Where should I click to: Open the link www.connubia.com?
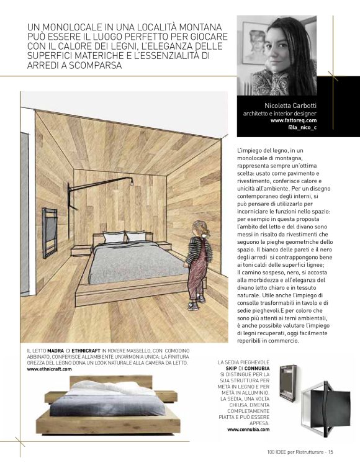coord(248,429)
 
